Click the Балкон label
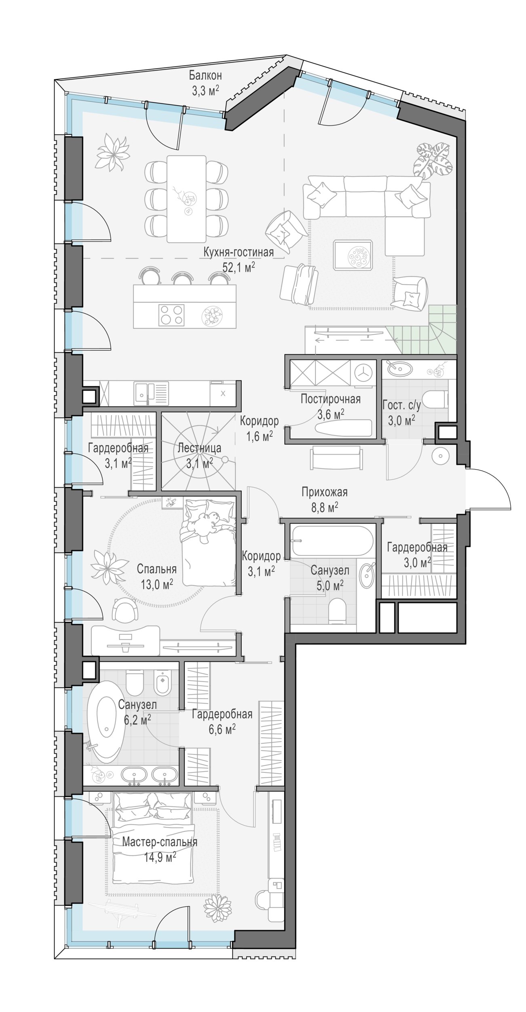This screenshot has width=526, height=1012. coord(205,75)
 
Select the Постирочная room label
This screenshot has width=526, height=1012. coord(330,400)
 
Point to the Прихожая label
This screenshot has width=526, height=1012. coord(324,492)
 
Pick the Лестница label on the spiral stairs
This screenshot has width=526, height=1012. coord(199,448)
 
